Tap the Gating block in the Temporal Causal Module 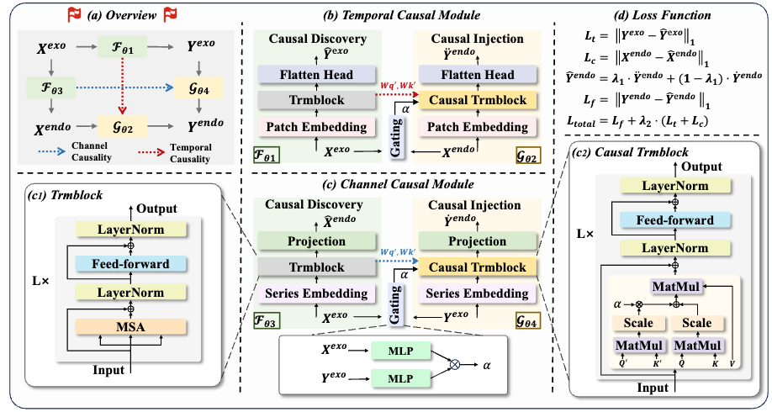[396, 135]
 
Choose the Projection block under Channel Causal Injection [477, 241]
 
